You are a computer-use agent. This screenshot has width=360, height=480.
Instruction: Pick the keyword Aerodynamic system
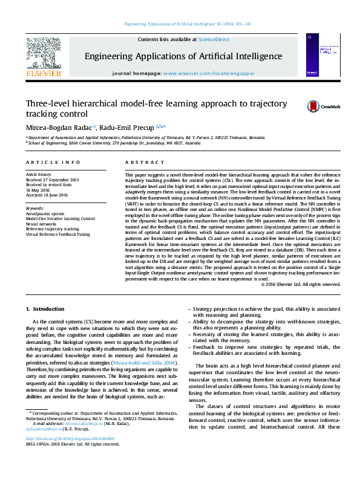(x=45, y=213)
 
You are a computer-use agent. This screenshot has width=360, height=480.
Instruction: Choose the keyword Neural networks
(x=42, y=223)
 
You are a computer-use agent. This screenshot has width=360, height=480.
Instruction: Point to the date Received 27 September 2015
(x=53, y=180)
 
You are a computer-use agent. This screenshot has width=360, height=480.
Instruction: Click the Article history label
(x=39, y=175)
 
